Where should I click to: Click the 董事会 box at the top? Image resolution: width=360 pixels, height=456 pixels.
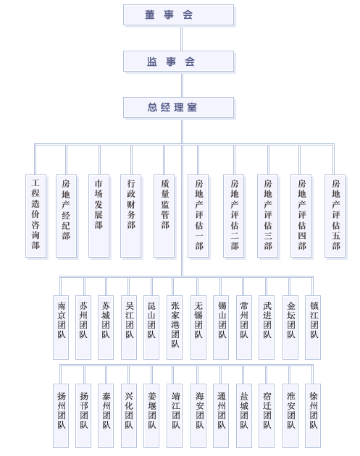(x=178, y=14)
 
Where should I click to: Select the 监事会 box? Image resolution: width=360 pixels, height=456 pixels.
(x=178, y=62)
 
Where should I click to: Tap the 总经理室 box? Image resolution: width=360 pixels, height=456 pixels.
(x=178, y=108)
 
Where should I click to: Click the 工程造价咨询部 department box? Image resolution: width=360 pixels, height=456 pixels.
(x=35, y=216)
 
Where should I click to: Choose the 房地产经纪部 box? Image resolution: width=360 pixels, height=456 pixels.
(x=67, y=216)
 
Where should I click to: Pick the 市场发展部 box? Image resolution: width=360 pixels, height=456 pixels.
(x=99, y=216)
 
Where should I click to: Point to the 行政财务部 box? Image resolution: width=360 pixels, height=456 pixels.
(x=131, y=216)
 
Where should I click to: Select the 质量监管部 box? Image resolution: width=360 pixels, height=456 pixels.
(x=164, y=216)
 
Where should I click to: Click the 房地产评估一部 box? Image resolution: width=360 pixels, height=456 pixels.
(x=198, y=216)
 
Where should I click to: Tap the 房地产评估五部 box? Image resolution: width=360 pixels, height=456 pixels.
(x=335, y=216)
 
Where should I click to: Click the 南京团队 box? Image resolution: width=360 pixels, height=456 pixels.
(x=61, y=327)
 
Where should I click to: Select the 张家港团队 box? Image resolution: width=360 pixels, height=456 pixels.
(x=175, y=327)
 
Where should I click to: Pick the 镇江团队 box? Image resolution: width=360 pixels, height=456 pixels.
(x=313, y=327)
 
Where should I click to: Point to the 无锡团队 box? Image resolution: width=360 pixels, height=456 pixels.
(x=198, y=327)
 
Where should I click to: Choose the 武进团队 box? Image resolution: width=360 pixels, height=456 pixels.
(x=267, y=327)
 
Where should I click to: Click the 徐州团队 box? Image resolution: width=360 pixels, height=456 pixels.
(x=313, y=415)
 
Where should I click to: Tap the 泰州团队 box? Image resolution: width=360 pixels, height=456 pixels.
(x=106, y=415)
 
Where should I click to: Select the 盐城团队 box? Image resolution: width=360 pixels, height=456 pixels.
(x=244, y=415)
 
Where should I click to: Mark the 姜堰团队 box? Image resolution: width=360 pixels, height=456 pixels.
(x=151, y=415)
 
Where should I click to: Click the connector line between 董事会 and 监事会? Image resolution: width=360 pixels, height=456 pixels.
(x=182, y=38)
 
